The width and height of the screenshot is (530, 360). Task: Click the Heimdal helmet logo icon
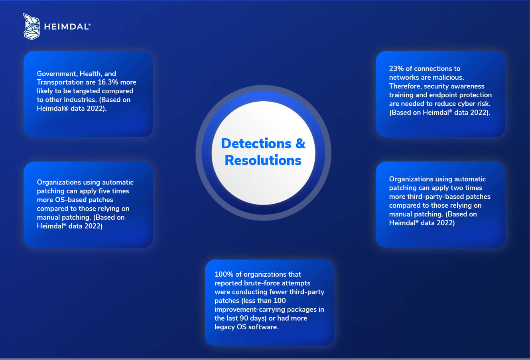[x=32, y=26]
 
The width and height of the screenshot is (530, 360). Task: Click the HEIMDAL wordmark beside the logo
[x=67, y=27]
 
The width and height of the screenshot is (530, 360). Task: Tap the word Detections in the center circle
[x=256, y=144]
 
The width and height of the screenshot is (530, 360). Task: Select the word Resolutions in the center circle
[x=263, y=161]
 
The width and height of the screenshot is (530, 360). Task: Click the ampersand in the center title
[x=300, y=144]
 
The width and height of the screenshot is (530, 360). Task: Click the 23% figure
[x=396, y=69]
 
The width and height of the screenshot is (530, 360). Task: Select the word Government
[x=56, y=74]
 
